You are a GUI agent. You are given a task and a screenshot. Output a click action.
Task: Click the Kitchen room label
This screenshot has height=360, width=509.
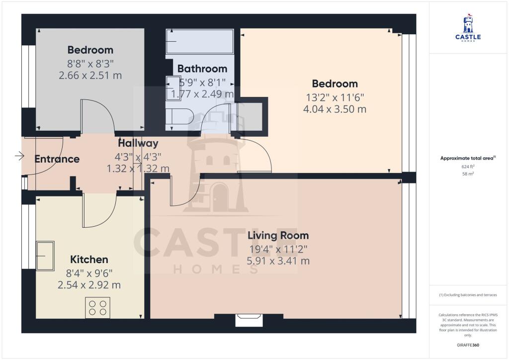[x=89, y=260]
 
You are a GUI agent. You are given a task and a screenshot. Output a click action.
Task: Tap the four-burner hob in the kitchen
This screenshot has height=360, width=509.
[x=97, y=307]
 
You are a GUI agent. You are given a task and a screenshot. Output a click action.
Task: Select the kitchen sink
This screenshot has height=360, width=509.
[x=45, y=256]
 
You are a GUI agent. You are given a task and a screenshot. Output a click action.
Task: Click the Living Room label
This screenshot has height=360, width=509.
[x=278, y=236]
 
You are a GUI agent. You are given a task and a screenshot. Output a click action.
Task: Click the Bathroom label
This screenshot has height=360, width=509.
[x=202, y=69]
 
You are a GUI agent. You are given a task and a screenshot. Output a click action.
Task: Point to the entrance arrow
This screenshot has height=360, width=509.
[x=20, y=156]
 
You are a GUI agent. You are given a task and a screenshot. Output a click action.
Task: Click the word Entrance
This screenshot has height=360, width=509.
[x=57, y=159]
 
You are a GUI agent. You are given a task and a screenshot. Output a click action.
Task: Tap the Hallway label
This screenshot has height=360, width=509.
[x=138, y=144]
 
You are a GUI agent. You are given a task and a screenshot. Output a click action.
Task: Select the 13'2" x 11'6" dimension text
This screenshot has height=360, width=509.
[x=335, y=96]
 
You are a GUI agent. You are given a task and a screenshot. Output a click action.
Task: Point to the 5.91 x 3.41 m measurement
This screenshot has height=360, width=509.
[x=278, y=261]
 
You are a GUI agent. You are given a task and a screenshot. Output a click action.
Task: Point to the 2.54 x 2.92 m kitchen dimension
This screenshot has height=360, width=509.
[x=89, y=285]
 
